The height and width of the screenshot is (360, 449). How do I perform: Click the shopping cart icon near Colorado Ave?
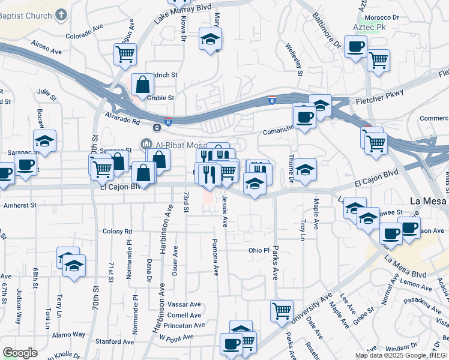(x=125, y=54)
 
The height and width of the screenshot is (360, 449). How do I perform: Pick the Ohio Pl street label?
(x=259, y=250)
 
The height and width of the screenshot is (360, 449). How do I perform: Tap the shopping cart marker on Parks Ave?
(x=282, y=310)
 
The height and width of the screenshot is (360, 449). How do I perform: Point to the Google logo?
(x=20, y=352)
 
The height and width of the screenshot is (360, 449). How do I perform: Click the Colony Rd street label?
(x=117, y=231)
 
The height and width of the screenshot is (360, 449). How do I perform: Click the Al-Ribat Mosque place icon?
(x=146, y=144)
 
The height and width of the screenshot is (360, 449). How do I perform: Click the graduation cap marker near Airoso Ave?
(x=44, y=141)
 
